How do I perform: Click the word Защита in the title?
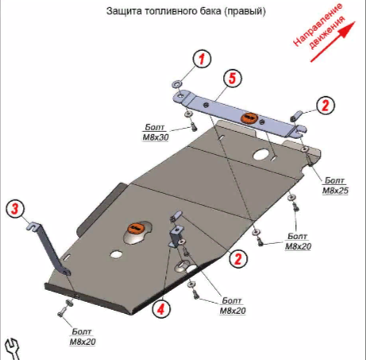tap(124, 11)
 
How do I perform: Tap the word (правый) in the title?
tap(245, 11)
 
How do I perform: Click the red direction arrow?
tap(333, 42)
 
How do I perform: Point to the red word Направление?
tap(318, 25)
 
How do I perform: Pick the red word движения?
tap(327, 33)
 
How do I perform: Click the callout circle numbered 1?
tap(202, 59)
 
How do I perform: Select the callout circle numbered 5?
tap(232, 79)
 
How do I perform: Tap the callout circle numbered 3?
tap(15, 209)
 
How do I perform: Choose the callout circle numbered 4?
tap(161, 308)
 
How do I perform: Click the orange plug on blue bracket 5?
tap(248, 118)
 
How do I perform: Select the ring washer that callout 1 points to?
tap(177, 84)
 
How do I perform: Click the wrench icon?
tap(13, 349)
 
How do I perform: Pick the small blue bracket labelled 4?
tap(176, 237)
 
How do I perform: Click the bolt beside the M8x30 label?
tap(195, 128)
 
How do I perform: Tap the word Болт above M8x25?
tap(335, 180)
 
